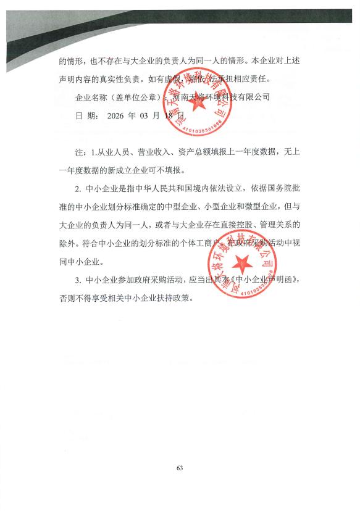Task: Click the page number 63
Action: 180,468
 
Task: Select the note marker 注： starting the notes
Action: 80,152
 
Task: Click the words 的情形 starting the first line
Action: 72,62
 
